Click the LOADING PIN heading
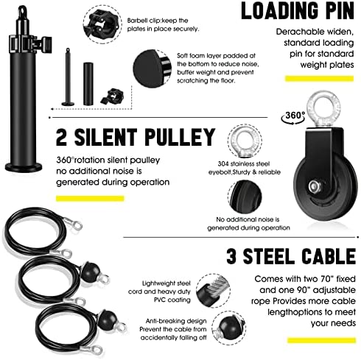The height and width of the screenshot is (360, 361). click(x=298, y=11)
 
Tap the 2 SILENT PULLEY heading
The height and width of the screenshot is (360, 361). click(x=136, y=137)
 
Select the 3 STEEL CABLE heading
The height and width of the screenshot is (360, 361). click(x=291, y=256)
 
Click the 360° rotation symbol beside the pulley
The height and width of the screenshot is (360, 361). click(x=293, y=117)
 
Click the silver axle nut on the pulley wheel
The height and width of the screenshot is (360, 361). click(x=315, y=187)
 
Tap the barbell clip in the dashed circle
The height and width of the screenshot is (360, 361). click(x=102, y=26)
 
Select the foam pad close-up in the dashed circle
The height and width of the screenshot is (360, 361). click(x=152, y=68)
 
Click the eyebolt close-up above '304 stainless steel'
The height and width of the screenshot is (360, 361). click(x=245, y=141)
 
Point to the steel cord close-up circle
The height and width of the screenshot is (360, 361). click(x=213, y=291)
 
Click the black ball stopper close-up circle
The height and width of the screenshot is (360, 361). click(x=229, y=328)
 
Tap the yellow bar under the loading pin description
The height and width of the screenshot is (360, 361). click(x=319, y=79)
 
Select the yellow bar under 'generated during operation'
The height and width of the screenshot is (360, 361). click(x=90, y=198)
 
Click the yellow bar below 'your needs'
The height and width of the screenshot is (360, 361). click(x=321, y=340)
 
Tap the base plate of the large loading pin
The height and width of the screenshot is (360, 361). click(x=24, y=168)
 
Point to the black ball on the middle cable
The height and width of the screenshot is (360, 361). click(x=91, y=272)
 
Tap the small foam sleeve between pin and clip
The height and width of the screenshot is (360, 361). click(x=88, y=84)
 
